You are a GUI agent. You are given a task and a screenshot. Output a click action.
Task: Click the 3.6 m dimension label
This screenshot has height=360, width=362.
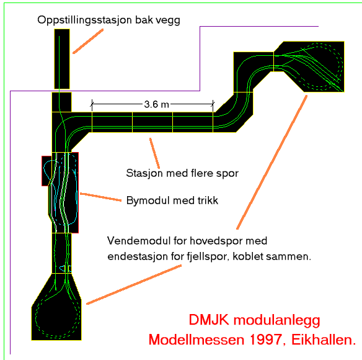pyautogui.click(x=157, y=104)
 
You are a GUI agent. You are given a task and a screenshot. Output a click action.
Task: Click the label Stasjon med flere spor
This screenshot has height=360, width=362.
pyautogui.click(x=182, y=173)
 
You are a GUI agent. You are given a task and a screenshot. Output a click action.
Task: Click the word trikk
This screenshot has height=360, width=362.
pyautogui.click(x=208, y=200)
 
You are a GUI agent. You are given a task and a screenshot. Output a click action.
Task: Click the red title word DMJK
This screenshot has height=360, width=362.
pyautogui.click(x=209, y=320)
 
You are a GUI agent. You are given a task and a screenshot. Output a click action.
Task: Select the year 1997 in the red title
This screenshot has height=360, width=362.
pyautogui.click(x=268, y=340)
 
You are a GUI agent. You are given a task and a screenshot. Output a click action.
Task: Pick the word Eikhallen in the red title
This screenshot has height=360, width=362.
pyautogui.click(x=324, y=340)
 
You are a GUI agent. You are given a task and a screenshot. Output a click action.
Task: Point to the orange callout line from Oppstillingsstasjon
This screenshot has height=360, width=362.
pyautogui.click(x=88, y=42)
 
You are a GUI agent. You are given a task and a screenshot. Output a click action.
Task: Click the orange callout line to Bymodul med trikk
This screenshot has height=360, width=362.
pyautogui.click(x=100, y=197)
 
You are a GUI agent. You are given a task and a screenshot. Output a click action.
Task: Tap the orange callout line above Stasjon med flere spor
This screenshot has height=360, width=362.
pyautogui.click(x=154, y=153)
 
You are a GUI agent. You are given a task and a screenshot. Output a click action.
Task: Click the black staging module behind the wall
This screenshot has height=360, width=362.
pyautogui.click(x=62, y=59)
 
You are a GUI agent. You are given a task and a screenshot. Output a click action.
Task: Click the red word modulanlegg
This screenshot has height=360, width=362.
pyautogui.click(x=277, y=321)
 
